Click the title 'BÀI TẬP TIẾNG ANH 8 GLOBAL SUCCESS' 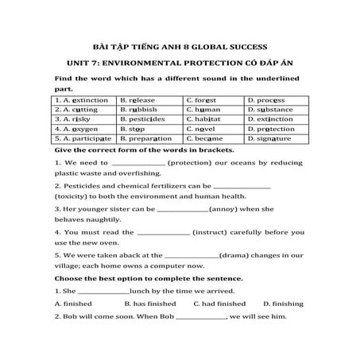pos(179,45)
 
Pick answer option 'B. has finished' pos(151,304)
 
